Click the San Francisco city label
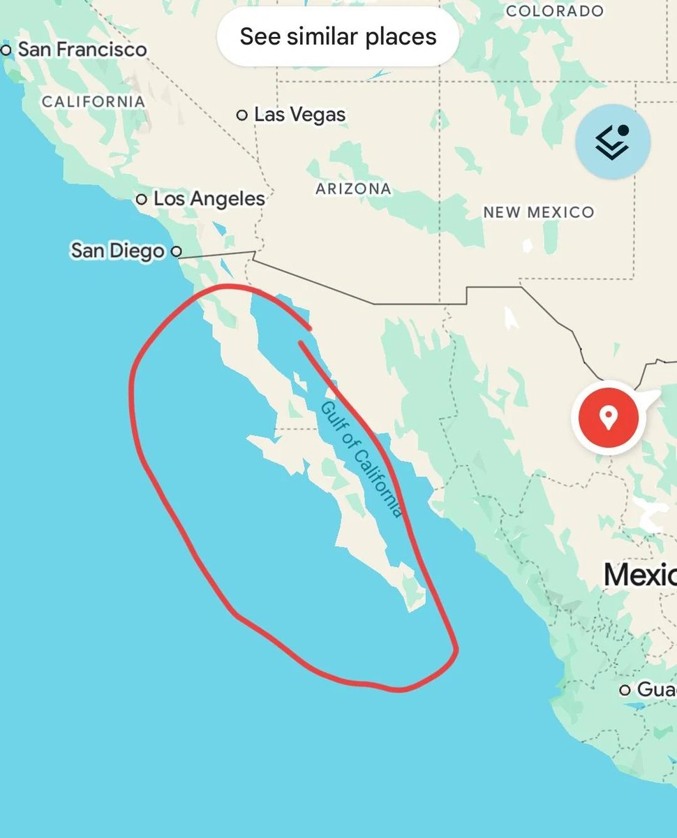point(82,50)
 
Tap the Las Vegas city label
point(299,115)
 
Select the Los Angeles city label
point(209,199)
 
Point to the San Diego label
point(118,251)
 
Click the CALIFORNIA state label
point(94,102)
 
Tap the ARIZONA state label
point(353,189)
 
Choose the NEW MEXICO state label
point(539,212)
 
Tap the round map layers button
point(613,142)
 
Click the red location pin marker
point(608,418)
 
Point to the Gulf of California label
point(361,459)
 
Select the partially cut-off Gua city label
point(656,690)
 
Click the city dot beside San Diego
point(177,251)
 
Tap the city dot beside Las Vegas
point(242,115)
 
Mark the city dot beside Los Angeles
point(141,200)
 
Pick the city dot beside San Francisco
point(7,50)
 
